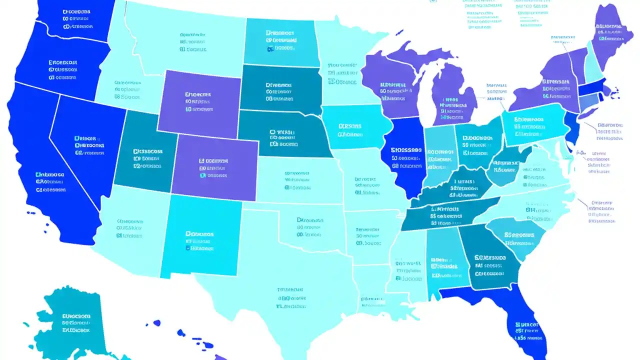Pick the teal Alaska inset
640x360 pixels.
(x=75, y=320)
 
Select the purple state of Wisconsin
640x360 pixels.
(x=392, y=87)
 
